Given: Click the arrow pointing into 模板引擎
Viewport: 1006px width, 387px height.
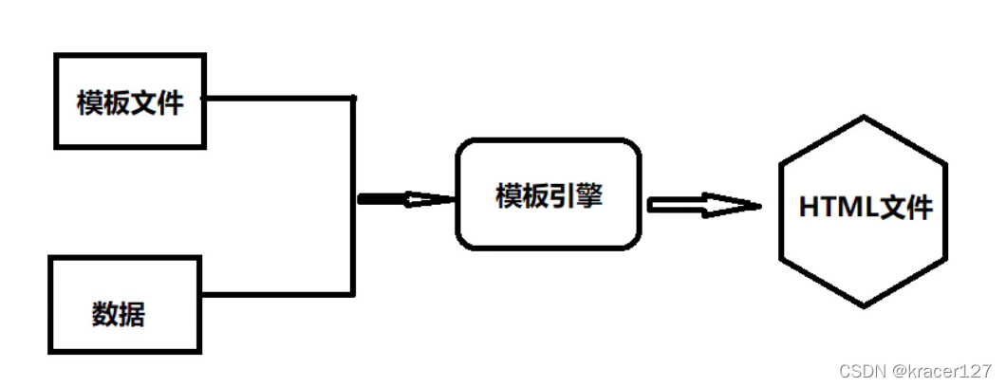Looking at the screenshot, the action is click(406, 200).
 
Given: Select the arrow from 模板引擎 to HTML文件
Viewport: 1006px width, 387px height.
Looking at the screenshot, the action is click(704, 205).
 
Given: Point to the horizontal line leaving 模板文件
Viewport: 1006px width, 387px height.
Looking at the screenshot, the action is click(279, 98).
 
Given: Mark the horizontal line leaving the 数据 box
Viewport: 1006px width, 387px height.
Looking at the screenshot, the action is click(278, 294).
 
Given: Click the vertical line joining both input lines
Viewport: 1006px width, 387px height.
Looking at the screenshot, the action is click(353, 196).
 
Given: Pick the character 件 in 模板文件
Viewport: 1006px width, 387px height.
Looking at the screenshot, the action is click(170, 102).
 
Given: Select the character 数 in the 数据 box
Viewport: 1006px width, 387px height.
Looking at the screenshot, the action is click(105, 314).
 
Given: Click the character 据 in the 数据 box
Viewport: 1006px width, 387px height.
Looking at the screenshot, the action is click(132, 314).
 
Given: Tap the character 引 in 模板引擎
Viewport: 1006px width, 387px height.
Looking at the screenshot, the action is click(562, 195).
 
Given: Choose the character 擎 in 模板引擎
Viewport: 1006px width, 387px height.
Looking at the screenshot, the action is click(589, 195).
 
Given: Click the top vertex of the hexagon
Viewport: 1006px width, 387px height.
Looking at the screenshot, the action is click(864, 117).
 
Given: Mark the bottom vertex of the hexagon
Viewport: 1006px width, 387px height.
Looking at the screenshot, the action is click(864, 306).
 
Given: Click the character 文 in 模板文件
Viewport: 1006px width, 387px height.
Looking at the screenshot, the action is click(143, 102).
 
